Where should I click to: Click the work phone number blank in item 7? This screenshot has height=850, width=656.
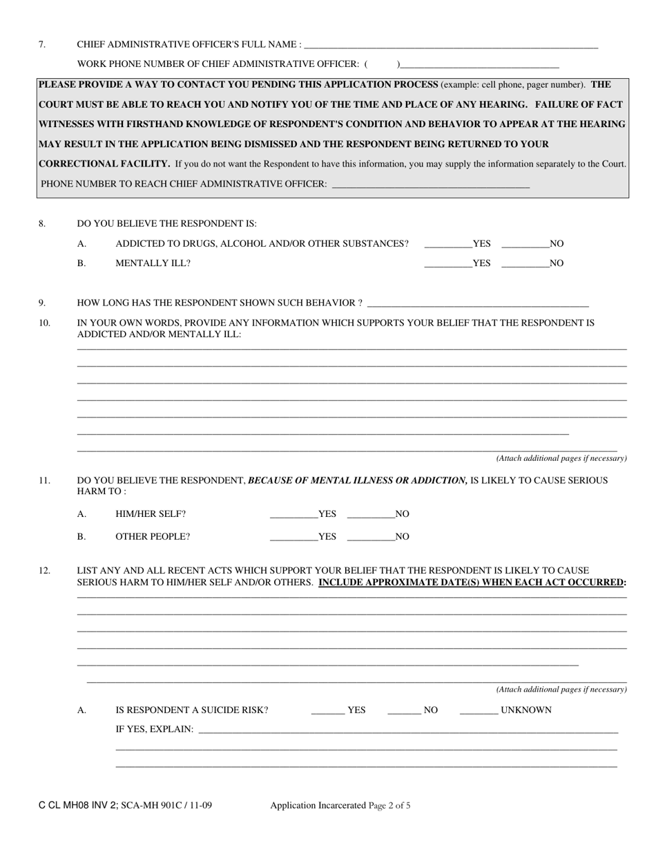(x=479, y=64)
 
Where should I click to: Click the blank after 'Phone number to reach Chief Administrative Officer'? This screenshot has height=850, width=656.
(x=430, y=184)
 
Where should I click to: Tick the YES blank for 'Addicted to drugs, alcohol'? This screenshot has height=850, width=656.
(x=447, y=243)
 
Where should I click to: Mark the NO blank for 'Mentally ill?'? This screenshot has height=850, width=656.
(x=525, y=263)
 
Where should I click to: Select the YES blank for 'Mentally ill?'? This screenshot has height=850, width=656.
(x=447, y=263)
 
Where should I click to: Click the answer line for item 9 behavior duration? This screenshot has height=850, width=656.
(x=478, y=303)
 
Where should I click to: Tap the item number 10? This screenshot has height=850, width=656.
(x=44, y=322)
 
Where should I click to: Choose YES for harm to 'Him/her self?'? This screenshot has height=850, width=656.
(x=293, y=514)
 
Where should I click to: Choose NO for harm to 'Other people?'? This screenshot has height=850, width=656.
(x=371, y=536)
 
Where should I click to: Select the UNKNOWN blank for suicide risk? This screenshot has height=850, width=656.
(x=479, y=710)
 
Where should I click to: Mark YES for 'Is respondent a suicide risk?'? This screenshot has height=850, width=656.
(x=327, y=710)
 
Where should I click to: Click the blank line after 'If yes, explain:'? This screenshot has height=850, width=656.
(x=407, y=729)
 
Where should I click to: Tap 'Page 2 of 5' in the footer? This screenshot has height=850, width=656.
(x=389, y=805)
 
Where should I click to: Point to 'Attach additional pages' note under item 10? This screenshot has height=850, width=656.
(x=561, y=458)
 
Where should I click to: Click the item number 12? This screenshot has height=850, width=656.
(x=44, y=570)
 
